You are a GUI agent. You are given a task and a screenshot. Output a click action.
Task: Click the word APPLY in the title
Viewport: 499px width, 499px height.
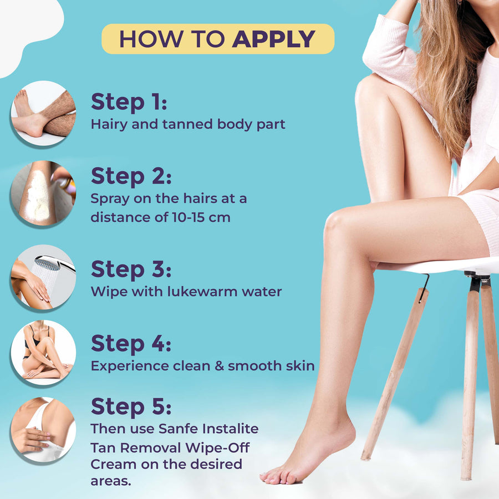click(x=274, y=39)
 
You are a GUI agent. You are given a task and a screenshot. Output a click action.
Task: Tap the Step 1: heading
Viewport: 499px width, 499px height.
click(x=129, y=102)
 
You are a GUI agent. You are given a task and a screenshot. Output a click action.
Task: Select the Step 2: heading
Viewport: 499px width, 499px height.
click(x=131, y=177)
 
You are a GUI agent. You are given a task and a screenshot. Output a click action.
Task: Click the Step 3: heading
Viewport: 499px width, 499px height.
click(x=131, y=269)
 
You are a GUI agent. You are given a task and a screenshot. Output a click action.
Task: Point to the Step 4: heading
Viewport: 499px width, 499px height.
click(x=131, y=344)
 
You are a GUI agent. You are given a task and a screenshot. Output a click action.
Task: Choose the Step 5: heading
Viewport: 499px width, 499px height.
click(x=131, y=407)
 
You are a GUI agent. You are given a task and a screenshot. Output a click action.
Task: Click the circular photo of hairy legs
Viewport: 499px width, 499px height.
click(x=43, y=113)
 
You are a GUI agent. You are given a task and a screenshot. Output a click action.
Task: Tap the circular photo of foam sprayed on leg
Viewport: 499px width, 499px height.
click(x=43, y=193)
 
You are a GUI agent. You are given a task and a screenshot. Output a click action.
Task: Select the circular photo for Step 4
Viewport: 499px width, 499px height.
click(x=43, y=352)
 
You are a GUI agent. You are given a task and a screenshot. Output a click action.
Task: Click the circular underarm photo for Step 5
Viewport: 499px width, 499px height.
click(x=43, y=429)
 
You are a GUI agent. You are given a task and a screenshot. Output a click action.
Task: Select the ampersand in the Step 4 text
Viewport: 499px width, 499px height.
click(x=219, y=366)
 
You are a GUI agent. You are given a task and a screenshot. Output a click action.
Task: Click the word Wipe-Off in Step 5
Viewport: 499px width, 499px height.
click(x=217, y=448)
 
